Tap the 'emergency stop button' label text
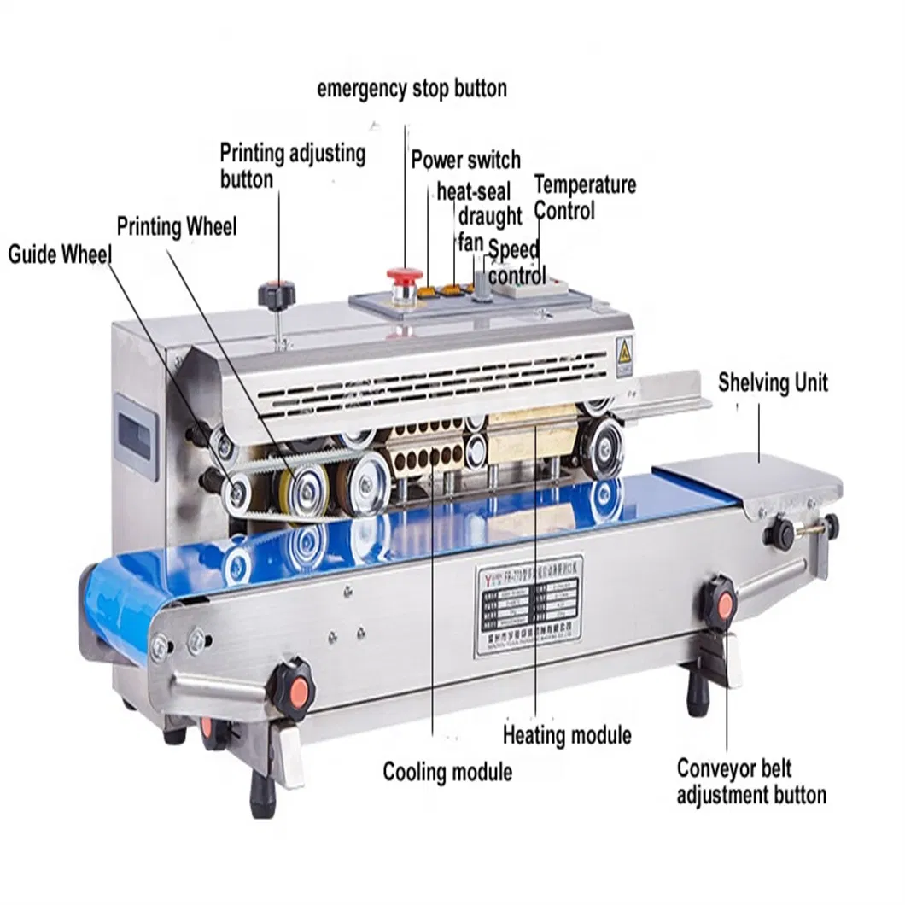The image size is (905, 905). [412, 89]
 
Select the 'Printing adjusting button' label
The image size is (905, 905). [292, 166]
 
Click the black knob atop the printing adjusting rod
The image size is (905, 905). [276, 292]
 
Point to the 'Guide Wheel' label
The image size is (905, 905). [60, 254]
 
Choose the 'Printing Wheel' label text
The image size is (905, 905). [177, 227]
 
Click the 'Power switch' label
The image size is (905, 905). [465, 160]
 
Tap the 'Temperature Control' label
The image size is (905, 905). [585, 197]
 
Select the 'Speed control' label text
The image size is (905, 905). [516, 263]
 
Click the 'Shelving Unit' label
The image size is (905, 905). [773, 382]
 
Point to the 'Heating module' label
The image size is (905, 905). [567, 734]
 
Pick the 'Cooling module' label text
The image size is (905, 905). [447, 772]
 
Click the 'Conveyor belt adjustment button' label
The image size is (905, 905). [751, 782]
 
